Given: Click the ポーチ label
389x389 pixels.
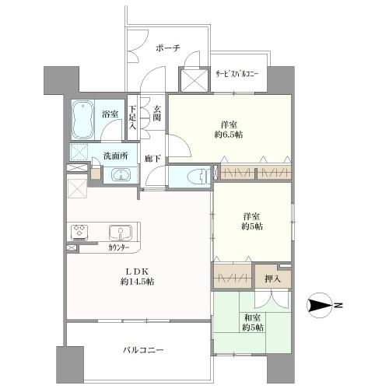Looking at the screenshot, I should click(168, 48).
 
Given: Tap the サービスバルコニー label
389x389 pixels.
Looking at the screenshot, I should click(237, 75).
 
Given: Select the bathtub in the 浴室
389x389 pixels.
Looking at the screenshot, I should click(84, 120).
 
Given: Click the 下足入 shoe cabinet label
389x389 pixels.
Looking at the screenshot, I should click(133, 119).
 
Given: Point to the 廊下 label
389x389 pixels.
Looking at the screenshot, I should click(153, 159).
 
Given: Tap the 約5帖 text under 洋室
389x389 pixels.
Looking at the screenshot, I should click(251, 227).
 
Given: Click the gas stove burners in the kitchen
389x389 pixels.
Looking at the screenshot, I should click(79, 232).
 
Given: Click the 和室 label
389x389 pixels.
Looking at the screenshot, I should click(251, 317).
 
